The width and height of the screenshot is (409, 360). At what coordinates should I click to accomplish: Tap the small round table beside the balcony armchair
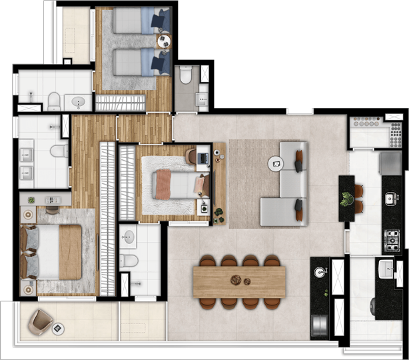pyautogui.click(x=58, y=329)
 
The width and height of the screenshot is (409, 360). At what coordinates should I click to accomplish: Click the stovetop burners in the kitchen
pyautogui.click(x=392, y=236)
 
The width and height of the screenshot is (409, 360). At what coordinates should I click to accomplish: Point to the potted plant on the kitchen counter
pyautogui.click(x=346, y=199)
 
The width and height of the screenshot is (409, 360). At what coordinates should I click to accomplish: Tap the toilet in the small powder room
pyautogui.click(x=186, y=75)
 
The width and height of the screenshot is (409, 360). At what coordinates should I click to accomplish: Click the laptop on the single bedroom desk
pyautogui.click(x=203, y=159)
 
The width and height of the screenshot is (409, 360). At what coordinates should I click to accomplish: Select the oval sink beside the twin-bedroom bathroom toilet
pyautogui.click(x=78, y=103)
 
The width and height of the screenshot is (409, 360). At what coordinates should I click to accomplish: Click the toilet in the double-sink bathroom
pyautogui.click(x=59, y=151)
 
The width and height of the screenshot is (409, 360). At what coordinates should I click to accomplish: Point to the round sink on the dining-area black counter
pyautogui.click(x=320, y=272)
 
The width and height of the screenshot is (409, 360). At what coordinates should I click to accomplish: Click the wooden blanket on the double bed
pyautogui.click(x=70, y=251)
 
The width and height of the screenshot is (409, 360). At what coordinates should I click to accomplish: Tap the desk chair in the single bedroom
pyautogui.click(x=192, y=155)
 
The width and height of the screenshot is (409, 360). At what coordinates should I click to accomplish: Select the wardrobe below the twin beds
pyautogui.click(x=120, y=103)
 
